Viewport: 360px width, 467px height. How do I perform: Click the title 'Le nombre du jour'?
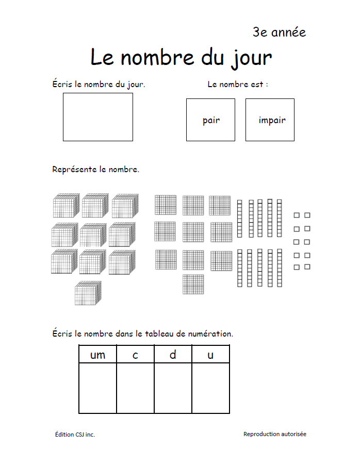[181, 58]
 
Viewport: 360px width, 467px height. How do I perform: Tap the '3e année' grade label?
[279, 32]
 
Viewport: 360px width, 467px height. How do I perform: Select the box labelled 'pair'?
[210, 120]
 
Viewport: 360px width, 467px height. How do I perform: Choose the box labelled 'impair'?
[270, 120]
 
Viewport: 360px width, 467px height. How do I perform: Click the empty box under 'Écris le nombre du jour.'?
[98, 117]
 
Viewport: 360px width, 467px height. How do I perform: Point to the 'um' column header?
[97, 355]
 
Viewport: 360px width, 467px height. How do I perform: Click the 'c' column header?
[135, 355]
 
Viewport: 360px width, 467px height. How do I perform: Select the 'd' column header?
[173, 355]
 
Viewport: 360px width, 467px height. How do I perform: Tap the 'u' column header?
[210, 355]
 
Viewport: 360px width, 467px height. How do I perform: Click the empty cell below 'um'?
[97, 388]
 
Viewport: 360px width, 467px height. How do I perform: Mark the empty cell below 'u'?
[210, 388]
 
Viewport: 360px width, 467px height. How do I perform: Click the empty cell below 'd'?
[173, 388]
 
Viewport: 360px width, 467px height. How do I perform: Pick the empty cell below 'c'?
[135, 388]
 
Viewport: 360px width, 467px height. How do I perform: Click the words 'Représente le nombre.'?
[96, 169]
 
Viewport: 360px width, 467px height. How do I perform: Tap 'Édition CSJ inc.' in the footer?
[75, 435]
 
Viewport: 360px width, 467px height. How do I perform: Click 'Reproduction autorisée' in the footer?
[274, 434]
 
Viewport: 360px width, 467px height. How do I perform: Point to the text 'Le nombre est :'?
[238, 84]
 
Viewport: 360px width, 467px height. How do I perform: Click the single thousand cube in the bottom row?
[88, 293]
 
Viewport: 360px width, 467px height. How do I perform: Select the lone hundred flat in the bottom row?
[193, 284]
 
